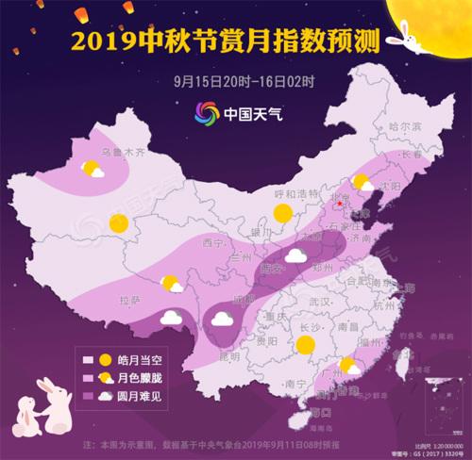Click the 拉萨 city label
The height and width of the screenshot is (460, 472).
[129, 300]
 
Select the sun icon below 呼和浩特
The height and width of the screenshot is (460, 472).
[280, 216]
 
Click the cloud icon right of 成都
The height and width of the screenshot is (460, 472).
[223, 319]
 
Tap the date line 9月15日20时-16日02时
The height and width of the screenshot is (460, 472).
[236, 80]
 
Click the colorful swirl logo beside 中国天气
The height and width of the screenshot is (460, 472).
[206, 111]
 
